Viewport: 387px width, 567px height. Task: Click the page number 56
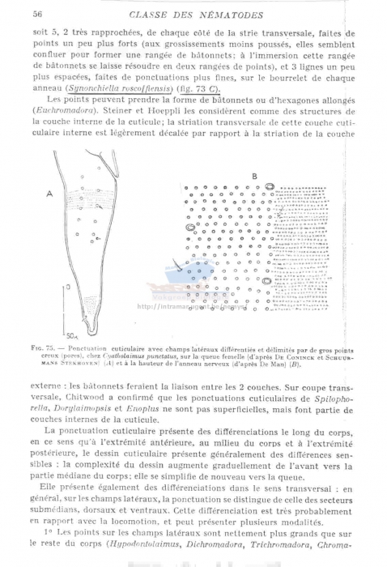(x=37, y=13)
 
